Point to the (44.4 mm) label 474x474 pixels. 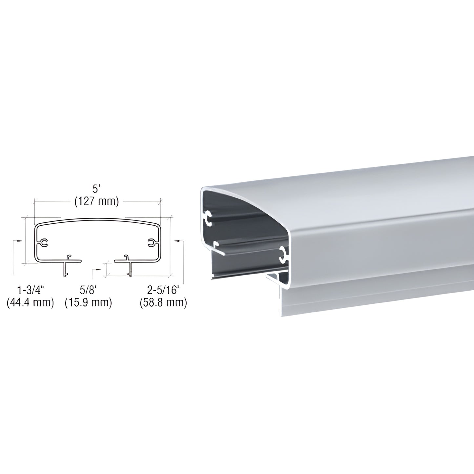30,302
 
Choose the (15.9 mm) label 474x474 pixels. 88,302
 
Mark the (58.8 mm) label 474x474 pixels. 163,302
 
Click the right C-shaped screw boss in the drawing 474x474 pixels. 152,243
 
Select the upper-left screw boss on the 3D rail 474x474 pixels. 208,219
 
